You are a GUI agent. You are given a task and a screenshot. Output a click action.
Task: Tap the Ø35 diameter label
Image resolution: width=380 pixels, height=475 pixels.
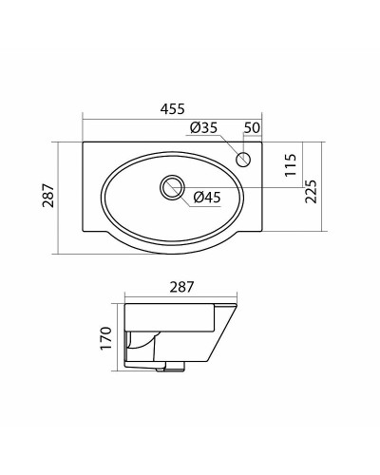[x=203, y=128]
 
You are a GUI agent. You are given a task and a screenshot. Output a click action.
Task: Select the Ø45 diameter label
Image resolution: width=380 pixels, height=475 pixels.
[x=207, y=198]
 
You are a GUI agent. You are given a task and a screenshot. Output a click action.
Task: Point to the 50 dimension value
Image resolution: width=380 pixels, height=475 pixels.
[x=252, y=128]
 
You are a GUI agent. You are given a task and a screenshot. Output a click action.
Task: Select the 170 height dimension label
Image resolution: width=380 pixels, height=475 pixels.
[x=106, y=336]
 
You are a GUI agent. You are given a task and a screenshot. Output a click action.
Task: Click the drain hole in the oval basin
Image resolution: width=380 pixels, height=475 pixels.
[x=173, y=187]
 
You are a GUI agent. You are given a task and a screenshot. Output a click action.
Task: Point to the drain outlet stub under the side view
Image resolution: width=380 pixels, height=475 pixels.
[x=174, y=366]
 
